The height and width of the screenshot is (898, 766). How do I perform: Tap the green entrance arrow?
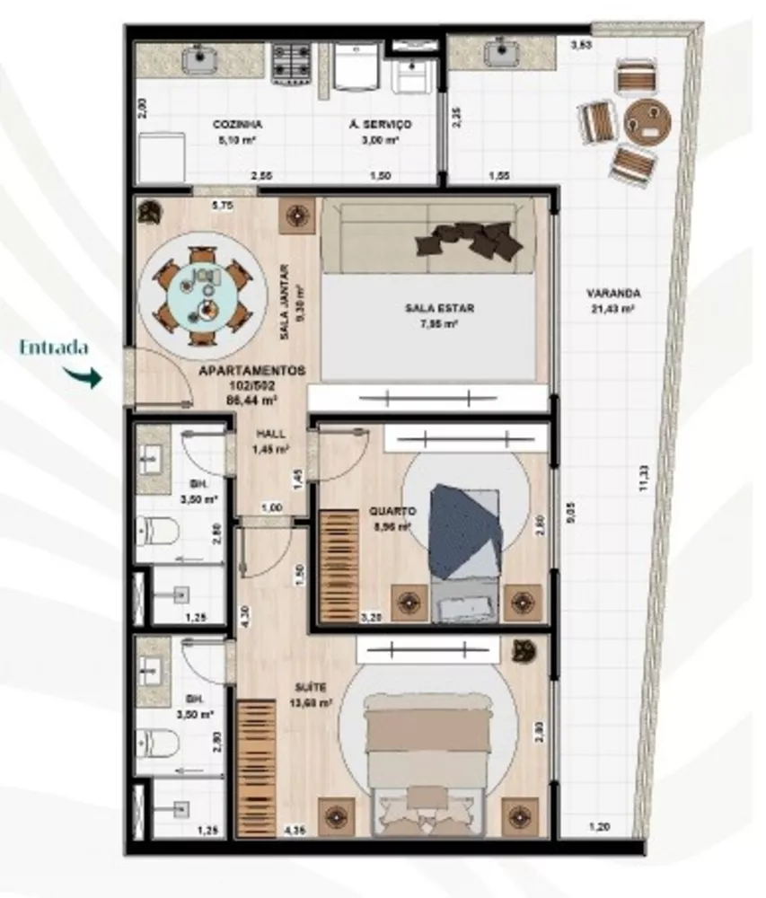[x=88, y=376]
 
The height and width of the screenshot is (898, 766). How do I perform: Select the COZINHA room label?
[x=237, y=126]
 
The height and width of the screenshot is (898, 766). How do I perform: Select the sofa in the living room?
[x=428, y=237]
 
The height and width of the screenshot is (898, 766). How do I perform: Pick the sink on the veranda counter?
[x=498, y=55]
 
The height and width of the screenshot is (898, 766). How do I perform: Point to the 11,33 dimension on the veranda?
[x=638, y=480]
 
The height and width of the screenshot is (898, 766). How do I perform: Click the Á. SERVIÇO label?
[x=374, y=126]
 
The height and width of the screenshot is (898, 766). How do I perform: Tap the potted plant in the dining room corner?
[x=149, y=212]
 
